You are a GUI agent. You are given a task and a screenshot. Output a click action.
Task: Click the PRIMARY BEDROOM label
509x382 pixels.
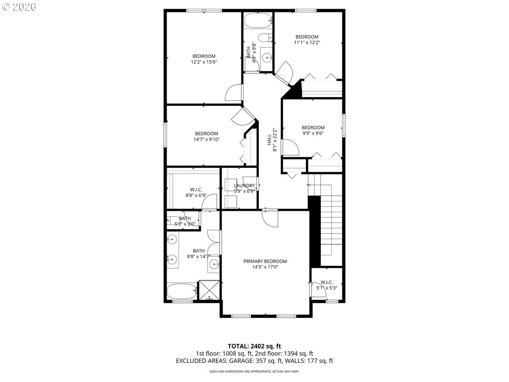click(x=265, y=261)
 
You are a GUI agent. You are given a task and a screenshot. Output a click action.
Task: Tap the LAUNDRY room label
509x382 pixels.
click(x=244, y=185)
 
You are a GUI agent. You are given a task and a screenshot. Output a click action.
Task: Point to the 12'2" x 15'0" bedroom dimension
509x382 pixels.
click(x=204, y=62)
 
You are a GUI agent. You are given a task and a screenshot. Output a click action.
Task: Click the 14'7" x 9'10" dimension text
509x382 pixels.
click(x=206, y=139)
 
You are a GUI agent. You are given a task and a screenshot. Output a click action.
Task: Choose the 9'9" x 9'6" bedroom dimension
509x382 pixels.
click(x=313, y=133)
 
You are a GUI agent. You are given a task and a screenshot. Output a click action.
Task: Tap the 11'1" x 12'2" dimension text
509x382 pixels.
click(x=307, y=42)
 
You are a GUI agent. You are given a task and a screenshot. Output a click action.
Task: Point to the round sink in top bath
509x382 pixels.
click(x=266, y=57)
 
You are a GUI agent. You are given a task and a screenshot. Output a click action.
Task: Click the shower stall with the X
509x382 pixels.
click(x=208, y=290)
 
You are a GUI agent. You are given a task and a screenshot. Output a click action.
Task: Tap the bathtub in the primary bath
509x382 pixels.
click(x=182, y=291)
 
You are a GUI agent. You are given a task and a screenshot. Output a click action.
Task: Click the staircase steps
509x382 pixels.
click(x=331, y=223)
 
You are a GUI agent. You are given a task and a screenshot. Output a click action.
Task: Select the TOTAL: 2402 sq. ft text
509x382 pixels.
click(x=254, y=346)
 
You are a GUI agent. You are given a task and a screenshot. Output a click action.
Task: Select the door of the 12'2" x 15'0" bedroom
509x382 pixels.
click(x=234, y=92)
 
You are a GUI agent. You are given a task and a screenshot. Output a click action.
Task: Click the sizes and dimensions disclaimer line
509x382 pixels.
click(x=254, y=371)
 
